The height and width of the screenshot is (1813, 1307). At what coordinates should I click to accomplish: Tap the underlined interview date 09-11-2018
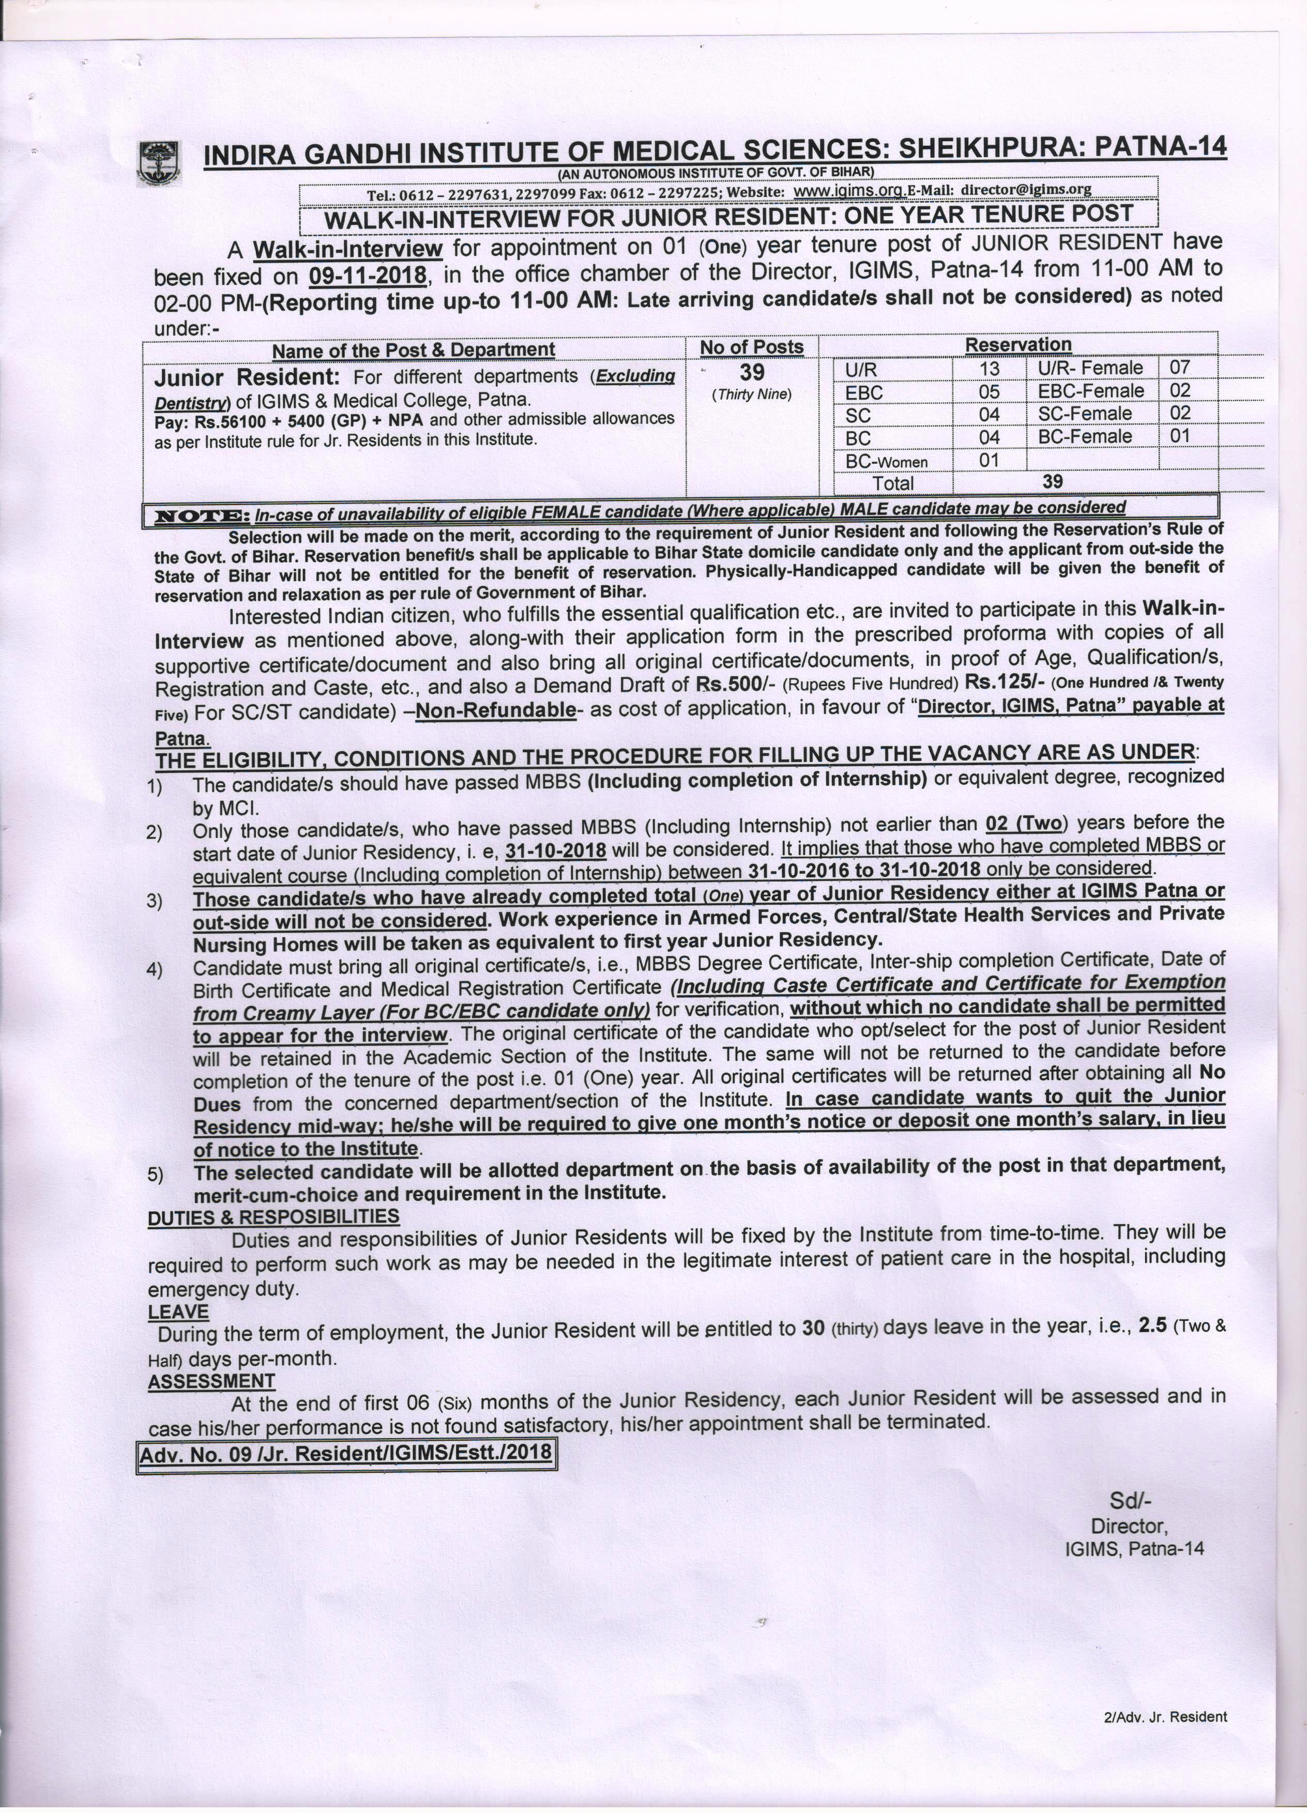coord(367,276)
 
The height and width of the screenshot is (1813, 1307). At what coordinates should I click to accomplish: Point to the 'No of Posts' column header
coord(751,347)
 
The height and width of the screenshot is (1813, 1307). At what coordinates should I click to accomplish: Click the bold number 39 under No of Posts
coord(751,372)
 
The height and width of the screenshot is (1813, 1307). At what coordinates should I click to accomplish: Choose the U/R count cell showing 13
coord(990,369)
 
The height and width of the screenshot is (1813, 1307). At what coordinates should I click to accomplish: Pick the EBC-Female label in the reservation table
coord(1091,390)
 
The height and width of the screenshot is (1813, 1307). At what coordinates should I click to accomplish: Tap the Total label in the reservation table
coord(893,483)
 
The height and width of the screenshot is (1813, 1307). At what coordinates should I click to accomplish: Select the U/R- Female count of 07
coord(1179,367)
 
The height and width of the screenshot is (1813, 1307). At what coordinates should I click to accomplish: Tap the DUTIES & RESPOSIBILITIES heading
coord(273,1216)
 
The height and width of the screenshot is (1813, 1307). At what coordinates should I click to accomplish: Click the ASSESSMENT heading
coord(211,1381)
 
